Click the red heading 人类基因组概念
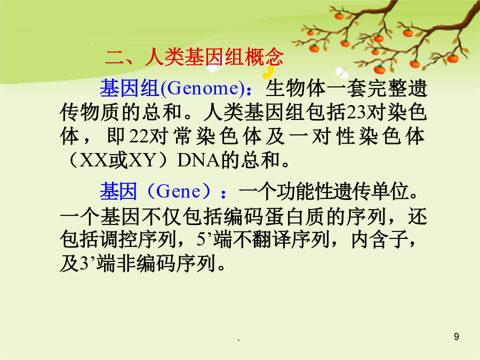pos(214,57)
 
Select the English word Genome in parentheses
pos(202,89)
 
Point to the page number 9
pos(457,337)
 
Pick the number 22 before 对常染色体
pos(138,136)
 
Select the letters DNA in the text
pos(199,160)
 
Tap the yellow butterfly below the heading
pos(268,73)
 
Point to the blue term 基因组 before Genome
pos(130,89)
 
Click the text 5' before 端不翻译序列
pos(203,239)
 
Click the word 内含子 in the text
pos(380,239)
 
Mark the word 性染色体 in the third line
pos(380,136)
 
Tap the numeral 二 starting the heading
pos(115,58)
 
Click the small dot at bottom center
pos(239,340)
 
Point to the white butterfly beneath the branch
pos(342,73)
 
